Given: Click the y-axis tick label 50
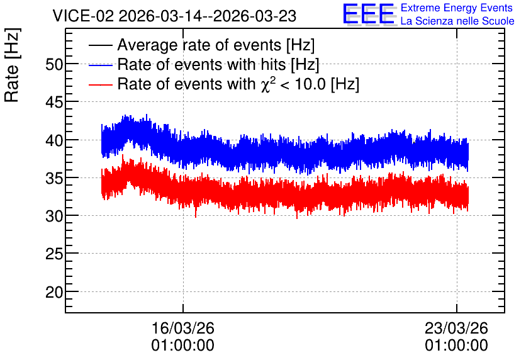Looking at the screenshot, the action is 54,64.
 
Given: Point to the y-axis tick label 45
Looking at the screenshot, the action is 54,103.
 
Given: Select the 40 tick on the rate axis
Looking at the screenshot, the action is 54,140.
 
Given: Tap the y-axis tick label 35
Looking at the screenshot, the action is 54,178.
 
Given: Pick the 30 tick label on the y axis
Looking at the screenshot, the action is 54,216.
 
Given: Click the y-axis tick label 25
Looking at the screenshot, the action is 54,254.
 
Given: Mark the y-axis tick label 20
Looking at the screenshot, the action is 54,292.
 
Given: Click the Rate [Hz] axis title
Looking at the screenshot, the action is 12,65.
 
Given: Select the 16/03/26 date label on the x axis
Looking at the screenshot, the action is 183,328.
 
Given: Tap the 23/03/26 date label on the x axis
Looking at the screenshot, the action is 456,328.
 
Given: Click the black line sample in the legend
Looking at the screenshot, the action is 100,45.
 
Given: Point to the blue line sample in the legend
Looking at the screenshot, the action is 100,65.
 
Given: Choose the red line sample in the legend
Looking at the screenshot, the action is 100,84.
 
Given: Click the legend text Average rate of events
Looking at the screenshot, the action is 199,45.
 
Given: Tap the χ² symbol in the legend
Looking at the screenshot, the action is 268,84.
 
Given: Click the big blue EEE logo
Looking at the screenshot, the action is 368,14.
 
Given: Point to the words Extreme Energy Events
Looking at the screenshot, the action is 457,8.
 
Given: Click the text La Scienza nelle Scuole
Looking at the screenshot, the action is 457,21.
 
